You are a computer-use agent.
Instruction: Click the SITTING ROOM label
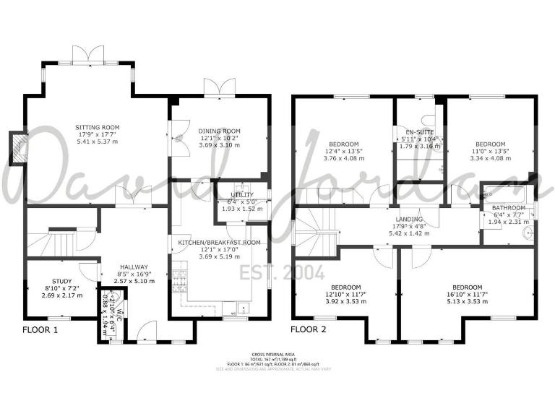(98, 128)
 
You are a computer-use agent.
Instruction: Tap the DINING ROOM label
(219, 131)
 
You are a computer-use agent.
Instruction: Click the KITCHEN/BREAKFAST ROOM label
(219, 242)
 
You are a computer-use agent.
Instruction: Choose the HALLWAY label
(134, 266)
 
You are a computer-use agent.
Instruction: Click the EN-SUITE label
(419, 131)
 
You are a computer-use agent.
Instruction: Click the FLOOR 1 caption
(39, 329)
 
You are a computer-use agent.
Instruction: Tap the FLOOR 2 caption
(309, 329)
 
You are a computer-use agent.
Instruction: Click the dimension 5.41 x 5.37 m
(98, 142)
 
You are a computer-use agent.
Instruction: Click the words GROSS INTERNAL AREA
(277, 354)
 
